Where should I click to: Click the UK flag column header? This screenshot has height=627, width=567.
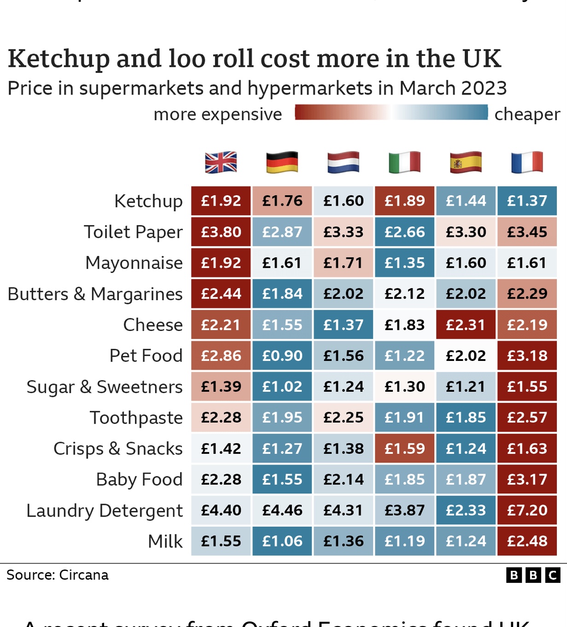221,162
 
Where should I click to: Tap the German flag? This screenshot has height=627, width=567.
282,162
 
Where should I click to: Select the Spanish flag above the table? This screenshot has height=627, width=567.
466,162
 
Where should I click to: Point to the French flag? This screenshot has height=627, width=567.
527,162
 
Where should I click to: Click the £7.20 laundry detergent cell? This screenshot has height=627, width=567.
527,510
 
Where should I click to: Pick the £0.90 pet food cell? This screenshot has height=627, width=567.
282,355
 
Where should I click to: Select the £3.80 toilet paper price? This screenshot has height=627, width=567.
221,232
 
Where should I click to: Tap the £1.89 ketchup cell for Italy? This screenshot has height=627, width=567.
404,201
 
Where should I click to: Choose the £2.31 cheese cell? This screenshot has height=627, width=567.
466,325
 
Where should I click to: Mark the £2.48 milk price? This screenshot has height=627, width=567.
527,541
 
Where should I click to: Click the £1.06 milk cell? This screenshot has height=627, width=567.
282,541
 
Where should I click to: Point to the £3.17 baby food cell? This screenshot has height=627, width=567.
527,479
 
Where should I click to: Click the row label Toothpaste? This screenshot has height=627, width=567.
136,418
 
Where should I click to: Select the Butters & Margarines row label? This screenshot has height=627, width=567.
95,294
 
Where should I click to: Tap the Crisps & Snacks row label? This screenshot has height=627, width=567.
118,449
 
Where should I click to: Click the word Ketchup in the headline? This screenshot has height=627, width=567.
58,59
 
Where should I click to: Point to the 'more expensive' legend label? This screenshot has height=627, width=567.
217,114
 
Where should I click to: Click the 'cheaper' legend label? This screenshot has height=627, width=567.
527,114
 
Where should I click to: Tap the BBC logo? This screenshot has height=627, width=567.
533,575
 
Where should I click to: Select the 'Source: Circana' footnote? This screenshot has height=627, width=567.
58,575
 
